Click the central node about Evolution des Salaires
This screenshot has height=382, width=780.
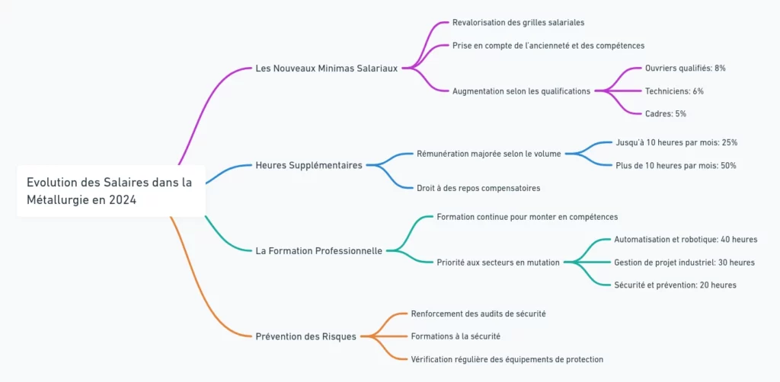tap(110, 190)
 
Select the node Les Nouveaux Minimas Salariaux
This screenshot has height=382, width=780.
tap(326, 68)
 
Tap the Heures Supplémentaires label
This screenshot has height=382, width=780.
tap(308, 165)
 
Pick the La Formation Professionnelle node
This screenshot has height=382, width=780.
tap(318, 250)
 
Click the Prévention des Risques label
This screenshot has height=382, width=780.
tap(305, 336)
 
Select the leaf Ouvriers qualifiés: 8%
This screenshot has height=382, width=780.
tap(685, 68)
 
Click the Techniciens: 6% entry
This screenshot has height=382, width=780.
tap(674, 91)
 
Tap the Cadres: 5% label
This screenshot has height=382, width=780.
tap(665, 114)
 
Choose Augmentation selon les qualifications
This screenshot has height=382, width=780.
tap(521, 91)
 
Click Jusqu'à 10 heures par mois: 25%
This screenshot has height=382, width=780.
tap(676, 142)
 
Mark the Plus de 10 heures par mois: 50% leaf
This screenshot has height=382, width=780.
tap(676, 165)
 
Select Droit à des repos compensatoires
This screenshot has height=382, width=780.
tap(478, 188)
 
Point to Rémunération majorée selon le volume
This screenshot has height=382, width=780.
tap(488, 154)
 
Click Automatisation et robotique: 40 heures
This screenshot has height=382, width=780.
tap(686, 240)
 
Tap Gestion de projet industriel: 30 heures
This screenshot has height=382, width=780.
tap(684, 263)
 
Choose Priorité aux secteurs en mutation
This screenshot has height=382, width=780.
tap(498, 263)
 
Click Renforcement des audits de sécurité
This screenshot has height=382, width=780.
tap(478, 314)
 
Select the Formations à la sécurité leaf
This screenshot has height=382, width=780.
tap(455, 336)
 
